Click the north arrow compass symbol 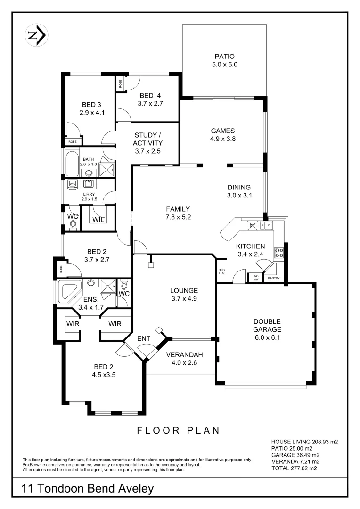[37, 35]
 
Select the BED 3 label [91, 104]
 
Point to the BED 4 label [150, 95]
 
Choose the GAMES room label [222, 131]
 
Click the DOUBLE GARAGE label [267, 326]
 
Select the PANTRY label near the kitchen [273, 278]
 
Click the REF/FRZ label [221, 272]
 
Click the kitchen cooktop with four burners [279, 253]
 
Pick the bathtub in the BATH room [73, 164]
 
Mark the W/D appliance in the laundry [73, 184]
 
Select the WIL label [98, 219]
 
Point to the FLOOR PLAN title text [179, 430]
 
